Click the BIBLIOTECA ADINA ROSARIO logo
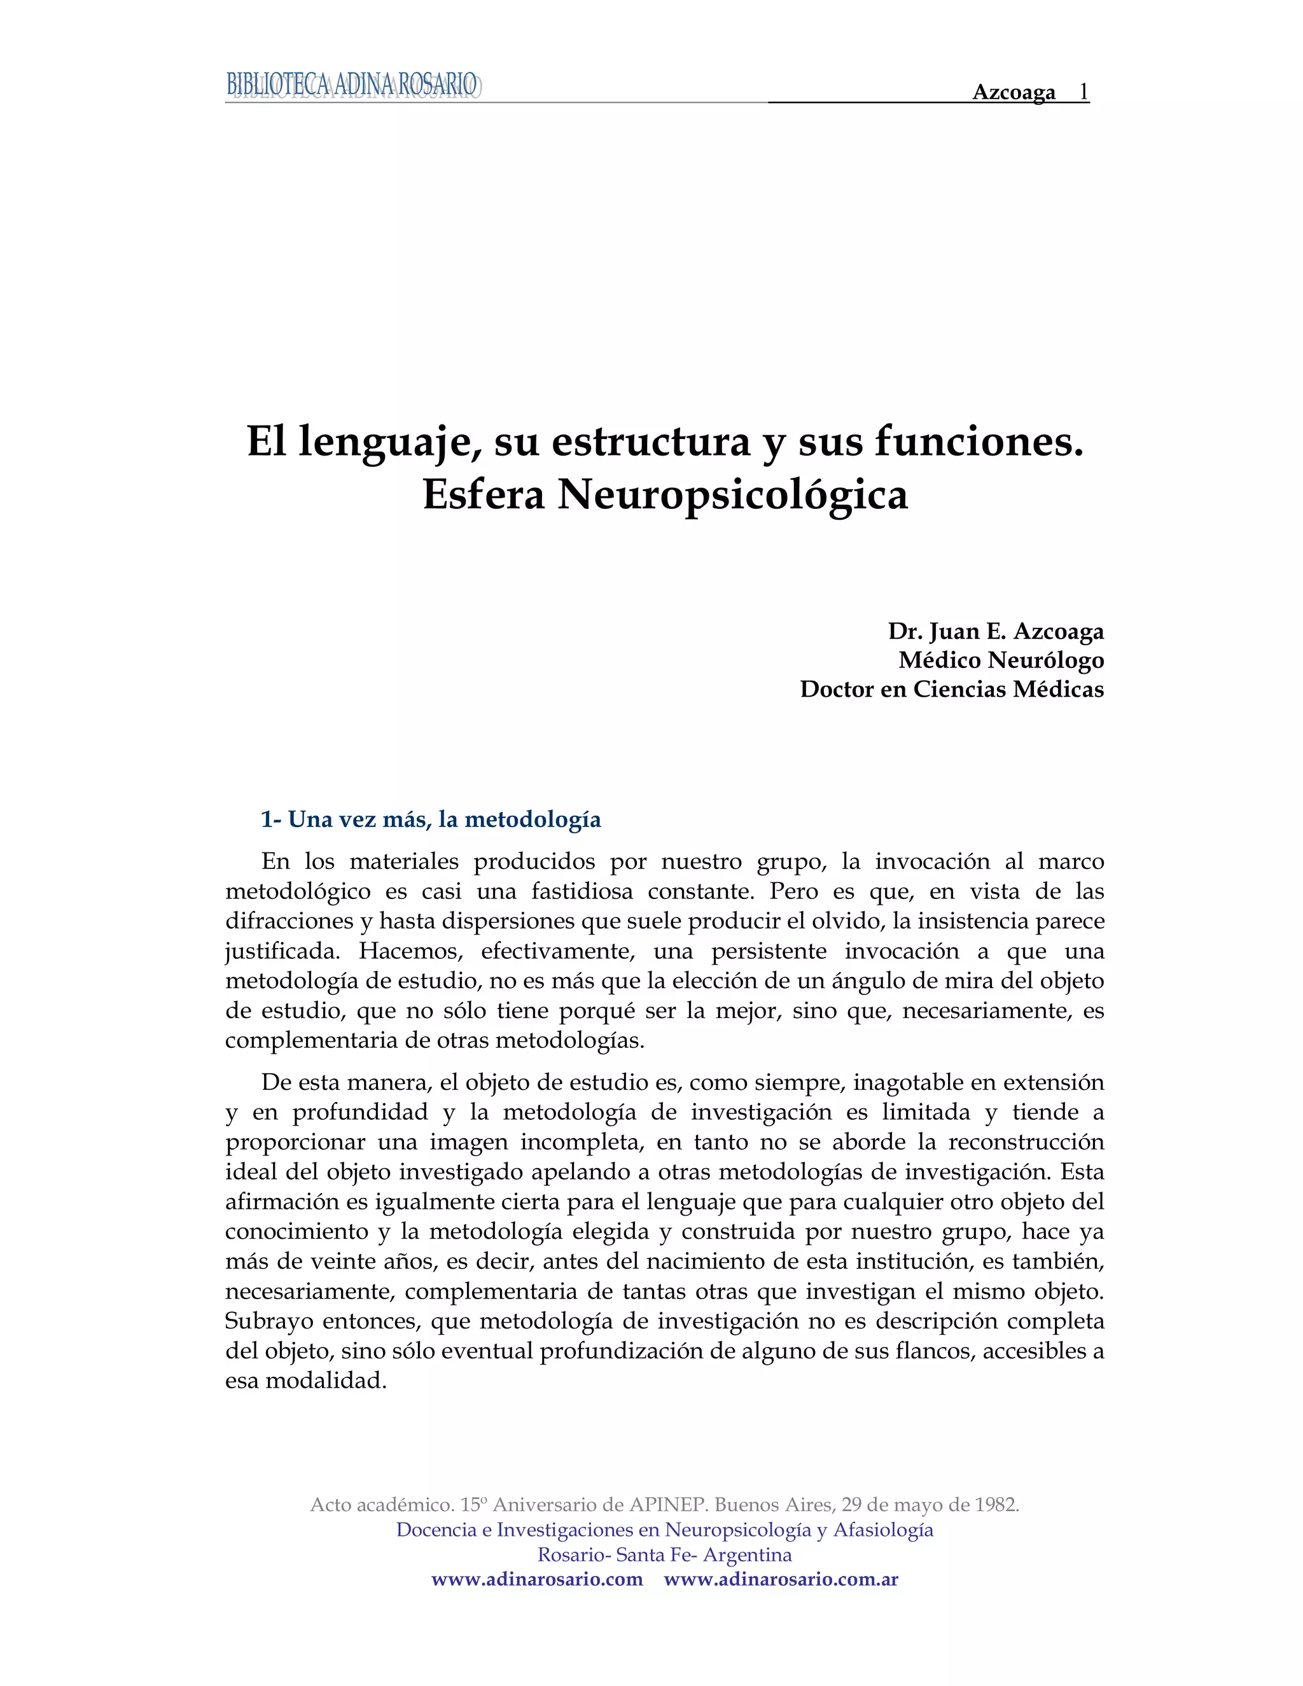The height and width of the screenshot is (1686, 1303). click(x=352, y=85)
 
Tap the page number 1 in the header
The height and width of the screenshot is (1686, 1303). click(x=1084, y=92)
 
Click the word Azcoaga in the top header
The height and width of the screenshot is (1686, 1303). click(x=1014, y=93)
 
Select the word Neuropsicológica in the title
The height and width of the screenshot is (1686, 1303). click(x=732, y=495)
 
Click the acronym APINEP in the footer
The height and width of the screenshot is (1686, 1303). click(x=669, y=1505)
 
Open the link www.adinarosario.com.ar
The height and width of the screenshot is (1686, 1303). click(x=781, y=1578)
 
